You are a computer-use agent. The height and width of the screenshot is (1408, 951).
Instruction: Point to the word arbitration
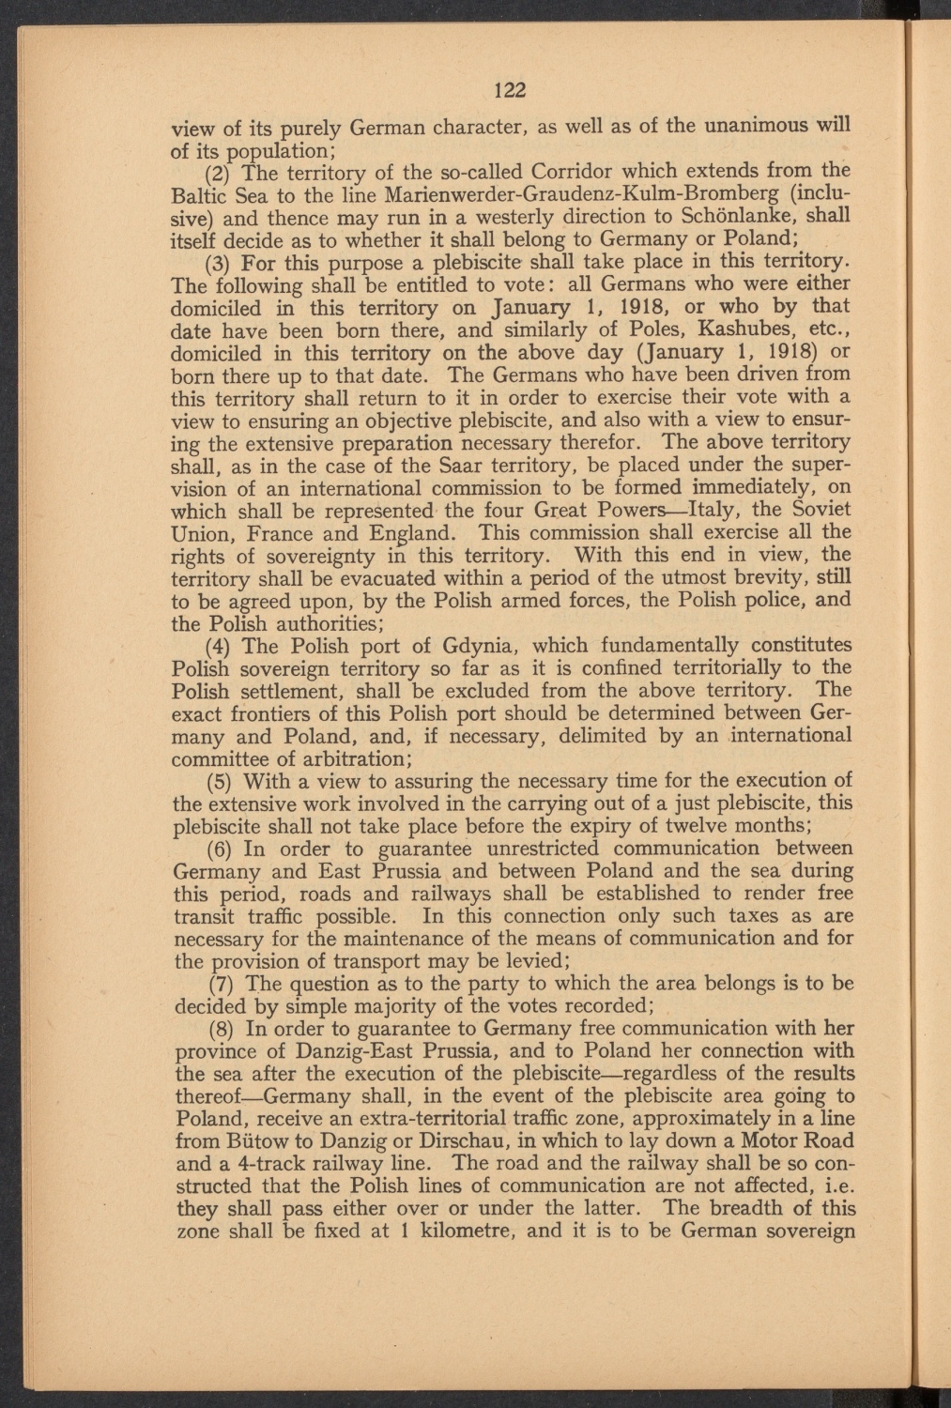coord(353,758)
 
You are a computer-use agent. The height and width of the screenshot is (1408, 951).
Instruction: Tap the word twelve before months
coord(687,826)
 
